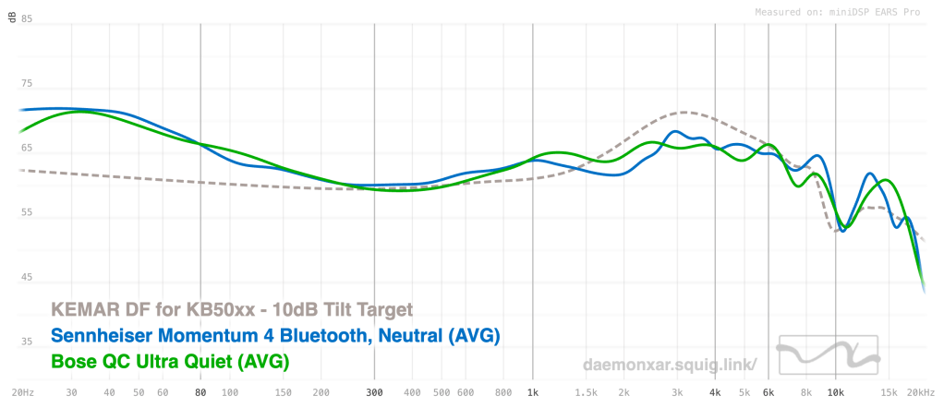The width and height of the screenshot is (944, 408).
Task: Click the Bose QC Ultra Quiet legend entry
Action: click(x=170, y=361)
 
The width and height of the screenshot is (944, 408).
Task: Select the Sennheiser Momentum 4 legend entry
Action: click(x=276, y=336)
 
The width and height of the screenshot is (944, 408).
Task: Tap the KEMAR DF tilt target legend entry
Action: click(x=233, y=310)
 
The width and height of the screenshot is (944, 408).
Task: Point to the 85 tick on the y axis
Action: click(x=27, y=18)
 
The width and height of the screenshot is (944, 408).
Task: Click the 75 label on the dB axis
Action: click(x=27, y=84)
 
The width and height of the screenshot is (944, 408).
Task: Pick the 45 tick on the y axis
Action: click(x=27, y=278)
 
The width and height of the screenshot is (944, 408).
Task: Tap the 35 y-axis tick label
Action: click(x=27, y=342)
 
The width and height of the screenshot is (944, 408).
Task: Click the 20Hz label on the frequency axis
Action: click(x=23, y=393)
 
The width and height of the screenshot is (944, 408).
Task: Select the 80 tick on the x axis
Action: click(x=201, y=393)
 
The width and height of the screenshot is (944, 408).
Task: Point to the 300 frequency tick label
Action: click(x=374, y=393)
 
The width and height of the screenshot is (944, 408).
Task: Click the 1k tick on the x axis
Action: click(x=532, y=393)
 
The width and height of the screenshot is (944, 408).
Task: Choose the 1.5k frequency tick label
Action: click(x=587, y=393)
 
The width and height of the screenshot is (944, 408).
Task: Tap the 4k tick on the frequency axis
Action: click(x=715, y=393)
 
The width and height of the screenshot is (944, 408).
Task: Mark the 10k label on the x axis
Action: click(x=836, y=393)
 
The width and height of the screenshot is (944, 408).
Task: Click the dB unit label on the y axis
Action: click(x=12, y=18)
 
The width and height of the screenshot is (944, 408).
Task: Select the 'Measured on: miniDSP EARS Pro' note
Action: click(x=838, y=12)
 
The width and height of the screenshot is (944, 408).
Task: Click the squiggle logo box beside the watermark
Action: click(x=828, y=354)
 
